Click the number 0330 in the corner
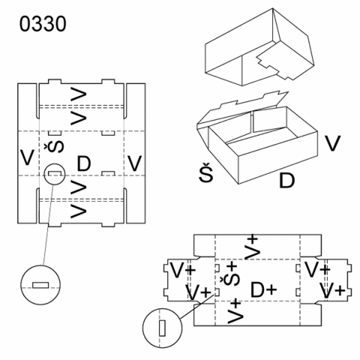click(x=43, y=24)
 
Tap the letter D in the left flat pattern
click(x=84, y=163)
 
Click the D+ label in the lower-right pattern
click(x=263, y=290)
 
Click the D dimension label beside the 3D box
click(x=286, y=180)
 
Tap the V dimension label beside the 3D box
click(x=333, y=143)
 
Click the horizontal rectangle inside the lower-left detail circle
click(x=40, y=285)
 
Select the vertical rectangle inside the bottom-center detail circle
click(x=162, y=328)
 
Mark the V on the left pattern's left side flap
click(x=27, y=157)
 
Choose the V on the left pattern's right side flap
click(x=135, y=163)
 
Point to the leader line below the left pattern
click(x=48, y=225)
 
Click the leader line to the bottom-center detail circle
click(x=197, y=307)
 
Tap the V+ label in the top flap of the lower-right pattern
click(x=251, y=247)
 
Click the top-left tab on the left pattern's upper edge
click(x=55, y=82)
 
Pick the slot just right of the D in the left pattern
click(x=108, y=173)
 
